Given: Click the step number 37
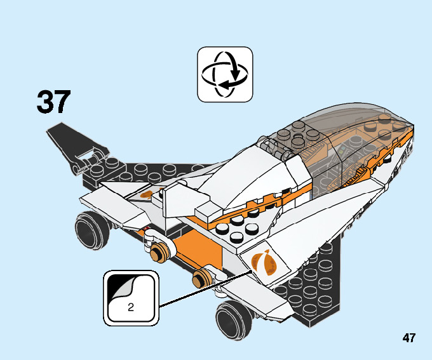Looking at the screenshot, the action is point(53,102).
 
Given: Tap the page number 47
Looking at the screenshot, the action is point(408,338).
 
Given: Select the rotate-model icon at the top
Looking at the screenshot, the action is point(225,74).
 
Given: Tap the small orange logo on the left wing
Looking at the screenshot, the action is point(147,194).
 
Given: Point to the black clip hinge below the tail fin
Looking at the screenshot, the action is point(90,159).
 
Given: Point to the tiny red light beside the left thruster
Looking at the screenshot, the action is point(147,227).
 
